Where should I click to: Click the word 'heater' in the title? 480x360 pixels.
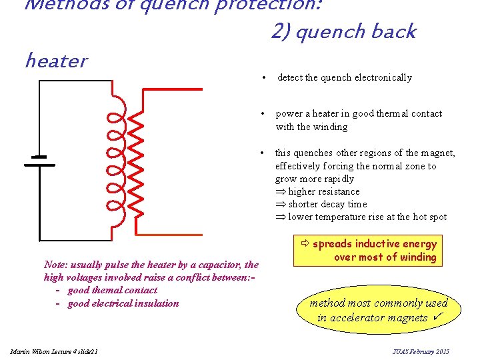point(55,61)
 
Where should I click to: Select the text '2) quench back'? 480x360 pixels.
point(343,31)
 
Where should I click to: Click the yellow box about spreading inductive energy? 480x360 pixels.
point(365,251)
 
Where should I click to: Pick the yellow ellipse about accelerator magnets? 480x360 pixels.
point(377,309)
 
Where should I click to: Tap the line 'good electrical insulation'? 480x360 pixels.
point(123,303)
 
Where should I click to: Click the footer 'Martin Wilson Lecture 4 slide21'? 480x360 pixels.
point(54,351)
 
